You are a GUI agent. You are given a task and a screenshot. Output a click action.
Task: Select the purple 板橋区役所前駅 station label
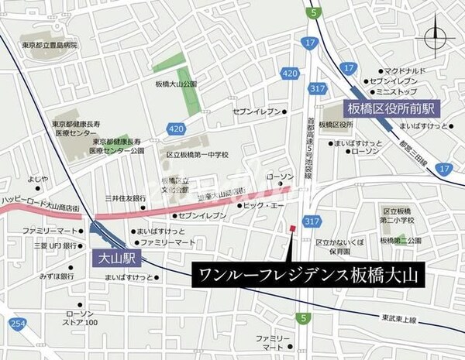coord(391,106)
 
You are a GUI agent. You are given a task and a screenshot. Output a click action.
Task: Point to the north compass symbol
coord(436,35)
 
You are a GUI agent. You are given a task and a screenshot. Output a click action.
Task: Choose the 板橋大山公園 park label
coord(176,84)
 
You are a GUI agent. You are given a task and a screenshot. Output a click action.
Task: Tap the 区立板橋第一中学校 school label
coord(198,155)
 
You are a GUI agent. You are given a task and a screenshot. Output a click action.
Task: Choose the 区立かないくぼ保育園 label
coord(341,247)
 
